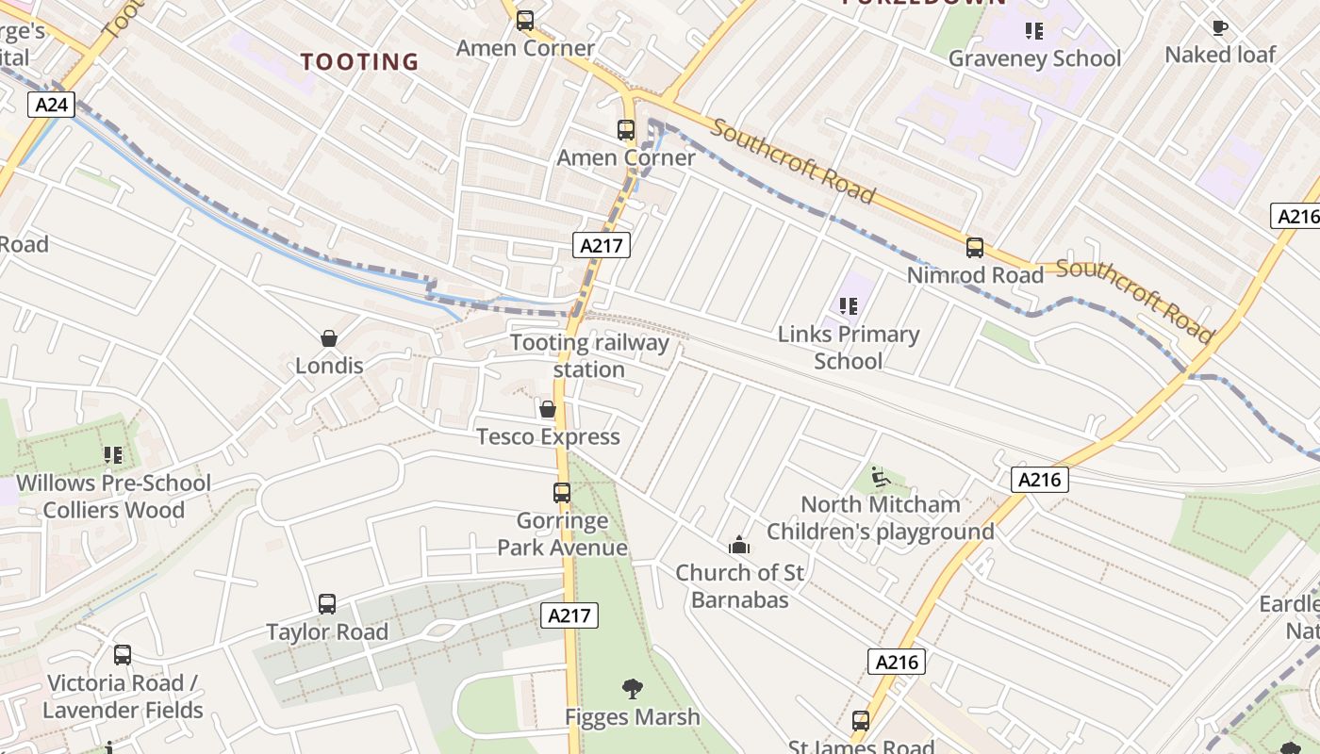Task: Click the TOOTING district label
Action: (359, 62)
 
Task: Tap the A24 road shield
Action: (51, 104)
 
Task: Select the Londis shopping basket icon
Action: (329, 338)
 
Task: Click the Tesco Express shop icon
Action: (547, 409)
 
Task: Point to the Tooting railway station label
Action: (589, 355)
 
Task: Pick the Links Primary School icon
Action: (849, 306)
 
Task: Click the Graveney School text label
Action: (1034, 58)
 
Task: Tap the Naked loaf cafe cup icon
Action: (1219, 27)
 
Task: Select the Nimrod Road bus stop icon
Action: (975, 248)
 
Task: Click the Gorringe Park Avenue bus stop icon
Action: (562, 492)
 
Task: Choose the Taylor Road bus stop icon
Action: (327, 603)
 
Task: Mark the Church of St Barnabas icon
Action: (738, 545)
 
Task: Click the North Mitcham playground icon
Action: (880, 477)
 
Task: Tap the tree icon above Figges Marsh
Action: (633, 689)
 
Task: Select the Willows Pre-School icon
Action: (113, 456)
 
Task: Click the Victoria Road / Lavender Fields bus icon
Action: (123, 655)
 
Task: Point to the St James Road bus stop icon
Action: (860, 721)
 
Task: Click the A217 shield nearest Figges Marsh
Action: (569, 616)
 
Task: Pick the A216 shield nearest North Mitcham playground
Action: (1040, 480)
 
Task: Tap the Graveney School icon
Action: (1034, 31)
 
